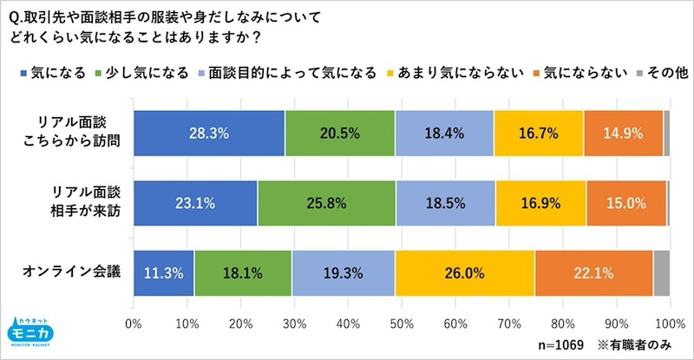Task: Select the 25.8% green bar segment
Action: click(326, 204)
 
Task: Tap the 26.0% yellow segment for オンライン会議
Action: click(464, 272)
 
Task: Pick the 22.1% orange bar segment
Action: click(593, 272)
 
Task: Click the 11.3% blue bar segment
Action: click(164, 272)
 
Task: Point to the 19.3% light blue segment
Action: click(343, 272)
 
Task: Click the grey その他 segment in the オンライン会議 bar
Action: click(661, 272)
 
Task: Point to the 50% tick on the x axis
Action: click(402, 324)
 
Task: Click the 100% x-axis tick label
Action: click(669, 324)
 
